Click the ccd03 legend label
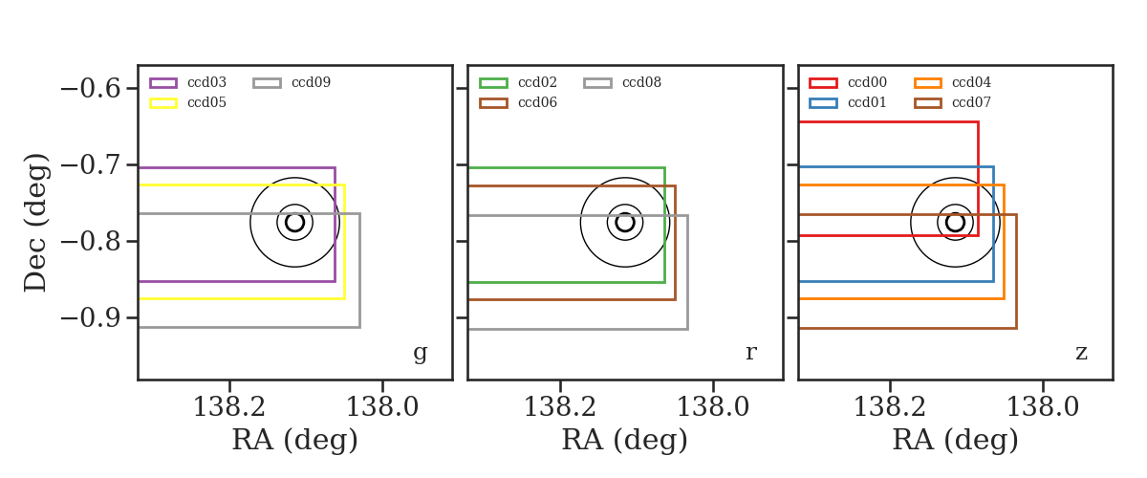click(x=206, y=82)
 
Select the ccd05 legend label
click(x=206, y=102)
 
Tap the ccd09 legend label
click(x=312, y=82)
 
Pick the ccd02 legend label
click(x=537, y=82)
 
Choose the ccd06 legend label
click(x=537, y=102)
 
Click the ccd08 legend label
click(x=641, y=82)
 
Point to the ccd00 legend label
click(x=868, y=82)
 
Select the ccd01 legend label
click(x=868, y=102)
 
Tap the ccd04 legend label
click(x=971, y=82)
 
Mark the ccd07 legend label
click(x=971, y=102)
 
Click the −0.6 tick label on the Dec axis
click(x=91, y=89)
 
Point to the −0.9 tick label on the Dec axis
click(x=91, y=318)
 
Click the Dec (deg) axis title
click(x=36, y=223)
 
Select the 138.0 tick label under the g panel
click(x=382, y=407)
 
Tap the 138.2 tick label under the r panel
click(x=560, y=407)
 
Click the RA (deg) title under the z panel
click(x=955, y=441)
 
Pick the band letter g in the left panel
click(x=420, y=353)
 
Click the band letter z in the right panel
click(x=1081, y=353)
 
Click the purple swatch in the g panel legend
click(x=163, y=83)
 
